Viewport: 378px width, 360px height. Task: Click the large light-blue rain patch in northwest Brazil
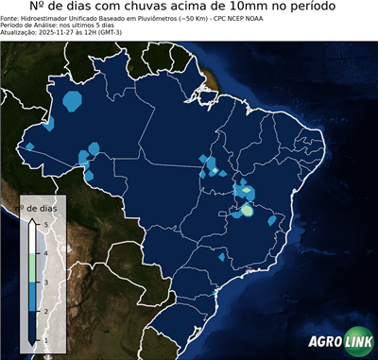[x=72, y=100]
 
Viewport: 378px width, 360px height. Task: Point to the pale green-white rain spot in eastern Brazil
[x=246, y=211]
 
